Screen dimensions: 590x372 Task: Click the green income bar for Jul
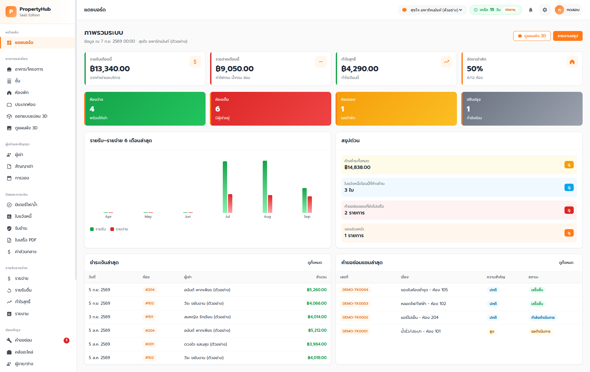point(225,187)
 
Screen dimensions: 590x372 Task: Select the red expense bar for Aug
point(270,204)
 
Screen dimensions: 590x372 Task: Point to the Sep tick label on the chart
point(307,217)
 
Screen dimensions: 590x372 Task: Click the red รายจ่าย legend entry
point(119,229)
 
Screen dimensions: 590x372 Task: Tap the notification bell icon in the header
point(531,10)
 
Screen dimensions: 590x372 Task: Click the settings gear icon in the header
point(545,10)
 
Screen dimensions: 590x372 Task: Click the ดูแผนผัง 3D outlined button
point(532,36)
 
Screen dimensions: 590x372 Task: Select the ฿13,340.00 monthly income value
point(110,69)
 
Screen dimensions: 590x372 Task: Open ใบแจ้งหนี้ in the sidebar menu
point(23,216)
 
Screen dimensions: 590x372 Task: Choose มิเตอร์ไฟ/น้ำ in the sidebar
point(26,205)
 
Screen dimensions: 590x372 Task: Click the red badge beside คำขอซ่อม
point(66,340)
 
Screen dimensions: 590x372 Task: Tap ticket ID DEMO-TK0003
point(355,303)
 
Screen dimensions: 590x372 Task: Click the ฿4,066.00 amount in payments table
point(317,303)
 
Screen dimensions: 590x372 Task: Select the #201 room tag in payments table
point(150,344)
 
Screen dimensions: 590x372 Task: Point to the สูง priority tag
point(492,331)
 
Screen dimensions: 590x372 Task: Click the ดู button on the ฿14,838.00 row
point(569,165)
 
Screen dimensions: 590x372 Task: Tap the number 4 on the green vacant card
point(92,109)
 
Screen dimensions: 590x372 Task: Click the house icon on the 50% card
point(572,62)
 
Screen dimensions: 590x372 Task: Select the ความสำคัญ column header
point(496,277)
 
